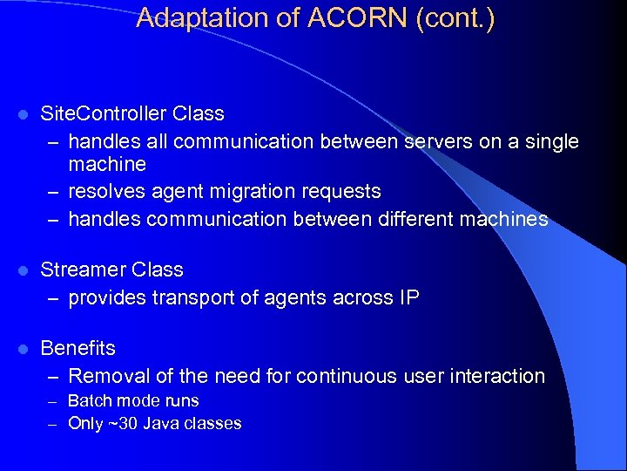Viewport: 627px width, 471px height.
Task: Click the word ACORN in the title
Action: tap(358, 18)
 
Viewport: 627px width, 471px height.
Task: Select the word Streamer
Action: tap(84, 270)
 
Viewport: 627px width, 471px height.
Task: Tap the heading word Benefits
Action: tap(78, 349)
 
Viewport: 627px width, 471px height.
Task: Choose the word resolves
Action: tap(102, 191)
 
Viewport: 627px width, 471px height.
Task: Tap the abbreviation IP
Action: tap(408, 298)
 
